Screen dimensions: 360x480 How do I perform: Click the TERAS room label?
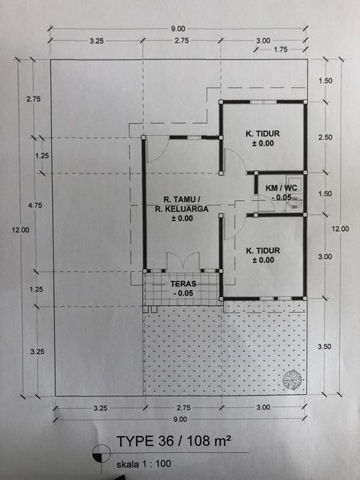pyautogui.click(x=183, y=284)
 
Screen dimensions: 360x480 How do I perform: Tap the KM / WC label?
pyautogui.click(x=282, y=188)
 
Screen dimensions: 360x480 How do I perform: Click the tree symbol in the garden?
pyautogui.click(x=292, y=379)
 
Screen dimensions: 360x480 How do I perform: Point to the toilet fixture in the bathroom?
pyautogui.click(x=294, y=203)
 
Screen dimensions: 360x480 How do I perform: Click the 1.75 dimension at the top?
pyautogui.click(x=281, y=50)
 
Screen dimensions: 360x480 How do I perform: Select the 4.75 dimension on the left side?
pyautogui.click(x=35, y=205)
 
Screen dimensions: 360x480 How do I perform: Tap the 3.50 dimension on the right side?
pyautogui.click(x=324, y=347)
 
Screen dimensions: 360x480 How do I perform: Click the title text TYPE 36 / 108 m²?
pyautogui.click(x=174, y=441)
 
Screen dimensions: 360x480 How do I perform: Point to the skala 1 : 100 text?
pyautogui.click(x=144, y=464)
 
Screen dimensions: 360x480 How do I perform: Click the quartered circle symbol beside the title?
pyautogui.click(x=102, y=453)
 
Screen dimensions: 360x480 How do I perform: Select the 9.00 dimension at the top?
pyautogui.click(x=178, y=29)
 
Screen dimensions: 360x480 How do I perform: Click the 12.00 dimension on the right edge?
pyautogui.click(x=341, y=229)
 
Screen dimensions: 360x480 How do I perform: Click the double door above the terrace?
pyautogui.click(x=183, y=261)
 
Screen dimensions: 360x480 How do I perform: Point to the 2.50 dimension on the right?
pyautogui.click(x=325, y=137)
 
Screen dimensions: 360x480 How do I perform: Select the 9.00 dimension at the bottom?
pyautogui.click(x=180, y=419)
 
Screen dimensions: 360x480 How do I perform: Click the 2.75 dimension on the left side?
pyautogui.click(x=33, y=99)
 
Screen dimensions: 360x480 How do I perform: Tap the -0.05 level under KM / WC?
pyautogui.click(x=282, y=197)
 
